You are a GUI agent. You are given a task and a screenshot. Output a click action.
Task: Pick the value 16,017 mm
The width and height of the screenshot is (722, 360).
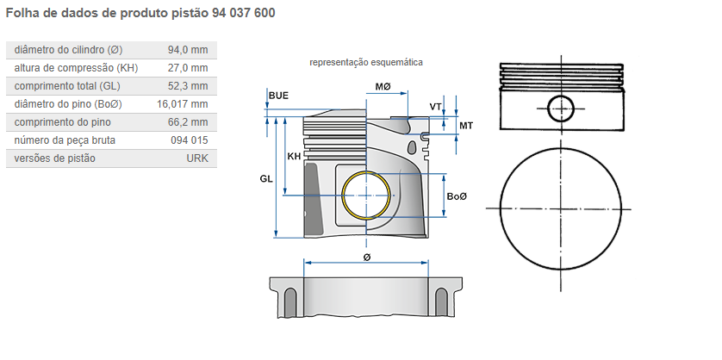tap(183, 104)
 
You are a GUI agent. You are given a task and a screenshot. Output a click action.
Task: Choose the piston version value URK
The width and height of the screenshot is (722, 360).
tap(197, 158)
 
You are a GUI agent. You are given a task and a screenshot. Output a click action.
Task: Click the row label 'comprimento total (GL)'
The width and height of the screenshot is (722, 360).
tap(68, 86)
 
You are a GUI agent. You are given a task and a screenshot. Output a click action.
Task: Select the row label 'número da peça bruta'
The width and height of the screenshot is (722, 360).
tap(65, 140)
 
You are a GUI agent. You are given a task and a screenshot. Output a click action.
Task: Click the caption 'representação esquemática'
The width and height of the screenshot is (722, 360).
tap(366, 63)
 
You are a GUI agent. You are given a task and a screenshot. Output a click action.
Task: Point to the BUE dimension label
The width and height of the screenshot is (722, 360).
tap(278, 96)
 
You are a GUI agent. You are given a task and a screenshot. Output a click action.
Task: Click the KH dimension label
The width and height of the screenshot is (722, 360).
tap(294, 157)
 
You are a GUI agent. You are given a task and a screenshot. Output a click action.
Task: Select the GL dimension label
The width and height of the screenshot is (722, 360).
tap(266, 178)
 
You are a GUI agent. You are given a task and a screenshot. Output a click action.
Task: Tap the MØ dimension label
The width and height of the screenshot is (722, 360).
tap(383, 87)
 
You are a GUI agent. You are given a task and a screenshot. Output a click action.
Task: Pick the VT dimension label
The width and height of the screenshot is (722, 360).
tap(436, 107)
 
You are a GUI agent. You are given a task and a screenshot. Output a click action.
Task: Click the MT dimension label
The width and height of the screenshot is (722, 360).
tap(465, 126)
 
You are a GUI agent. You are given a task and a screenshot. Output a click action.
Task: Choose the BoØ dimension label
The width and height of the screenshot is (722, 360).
tap(457, 196)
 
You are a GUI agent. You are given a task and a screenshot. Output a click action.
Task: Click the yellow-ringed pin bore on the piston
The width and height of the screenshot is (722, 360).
tap(367, 196)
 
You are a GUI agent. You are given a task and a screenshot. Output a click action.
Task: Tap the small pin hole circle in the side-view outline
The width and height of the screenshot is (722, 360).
tap(561, 109)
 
